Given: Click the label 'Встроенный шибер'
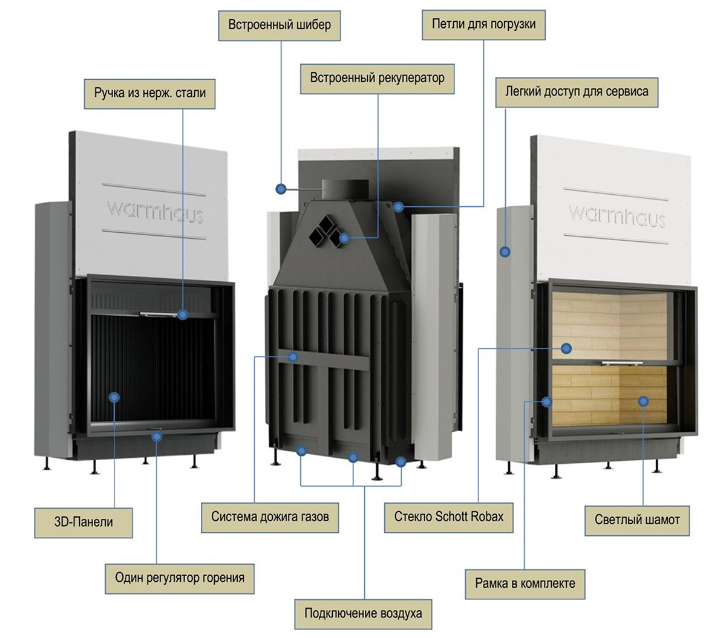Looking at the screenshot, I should pyautogui.click(x=280, y=25).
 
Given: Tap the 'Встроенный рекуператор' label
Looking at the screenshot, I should pyautogui.click(x=377, y=78).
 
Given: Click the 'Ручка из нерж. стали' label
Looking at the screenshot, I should pyautogui.click(x=150, y=93).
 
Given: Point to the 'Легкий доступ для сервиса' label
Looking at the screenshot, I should pyautogui.click(x=577, y=91).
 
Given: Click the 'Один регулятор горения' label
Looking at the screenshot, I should pyautogui.click(x=180, y=577).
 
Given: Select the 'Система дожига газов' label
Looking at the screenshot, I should pyautogui.click(x=270, y=516).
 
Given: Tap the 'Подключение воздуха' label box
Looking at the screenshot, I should pyautogui.click(x=363, y=613).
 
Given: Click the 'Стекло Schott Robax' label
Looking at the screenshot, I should pyautogui.click(x=448, y=516).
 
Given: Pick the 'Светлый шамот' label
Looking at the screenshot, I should pyautogui.click(x=637, y=519).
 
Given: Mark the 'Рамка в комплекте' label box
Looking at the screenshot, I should pyautogui.click(x=525, y=584).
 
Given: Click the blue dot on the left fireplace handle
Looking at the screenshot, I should pyautogui.click(x=183, y=314).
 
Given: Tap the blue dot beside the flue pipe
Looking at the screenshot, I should pyautogui.click(x=280, y=189).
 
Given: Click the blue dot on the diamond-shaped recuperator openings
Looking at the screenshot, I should pyautogui.click(x=344, y=238).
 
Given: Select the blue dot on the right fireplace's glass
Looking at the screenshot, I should pyautogui.click(x=566, y=348).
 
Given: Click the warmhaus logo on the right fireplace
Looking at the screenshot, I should pyautogui.click(x=617, y=214).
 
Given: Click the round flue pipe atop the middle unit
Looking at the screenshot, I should pyautogui.click(x=344, y=189).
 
